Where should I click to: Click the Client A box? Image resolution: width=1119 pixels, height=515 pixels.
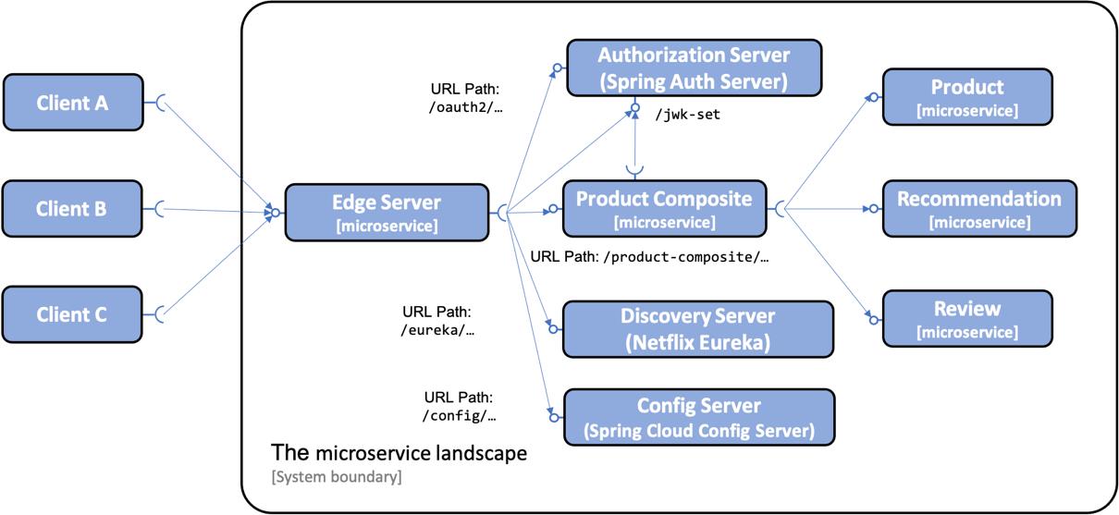pyautogui.click(x=73, y=103)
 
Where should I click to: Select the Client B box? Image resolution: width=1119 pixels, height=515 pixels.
pyautogui.click(x=72, y=209)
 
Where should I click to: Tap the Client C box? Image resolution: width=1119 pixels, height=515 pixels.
pyautogui.click(x=72, y=314)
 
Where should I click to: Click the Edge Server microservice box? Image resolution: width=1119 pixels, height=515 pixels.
pyautogui.click(x=386, y=213)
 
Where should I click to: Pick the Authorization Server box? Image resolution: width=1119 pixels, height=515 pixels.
pyautogui.click(x=694, y=67)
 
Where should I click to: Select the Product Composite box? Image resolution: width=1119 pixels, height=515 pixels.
pyautogui.click(x=664, y=208)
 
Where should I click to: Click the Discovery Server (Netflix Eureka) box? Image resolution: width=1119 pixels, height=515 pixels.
pyautogui.click(x=697, y=328)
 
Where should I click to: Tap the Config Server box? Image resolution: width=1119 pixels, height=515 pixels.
pyautogui.click(x=698, y=417)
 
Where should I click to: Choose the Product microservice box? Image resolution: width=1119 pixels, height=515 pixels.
pyautogui.click(x=966, y=96)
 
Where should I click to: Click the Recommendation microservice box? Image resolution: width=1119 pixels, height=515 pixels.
pyautogui.click(x=979, y=209)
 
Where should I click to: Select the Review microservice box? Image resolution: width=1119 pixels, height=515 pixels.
pyautogui.click(x=966, y=319)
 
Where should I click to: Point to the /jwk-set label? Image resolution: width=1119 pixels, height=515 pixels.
pyautogui.click(x=687, y=116)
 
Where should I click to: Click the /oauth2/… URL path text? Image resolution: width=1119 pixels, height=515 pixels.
pyautogui.click(x=466, y=107)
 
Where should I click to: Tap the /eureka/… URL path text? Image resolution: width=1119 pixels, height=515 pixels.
pyautogui.click(x=437, y=330)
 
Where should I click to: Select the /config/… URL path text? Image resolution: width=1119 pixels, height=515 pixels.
pyautogui.click(x=460, y=416)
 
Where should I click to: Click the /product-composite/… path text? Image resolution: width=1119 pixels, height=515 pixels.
pyautogui.click(x=685, y=257)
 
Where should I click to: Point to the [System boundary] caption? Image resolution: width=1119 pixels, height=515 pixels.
pyautogui.click(x=337, y=477)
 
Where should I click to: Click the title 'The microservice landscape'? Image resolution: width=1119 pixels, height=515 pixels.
pyautogui.click(x=399, y=453)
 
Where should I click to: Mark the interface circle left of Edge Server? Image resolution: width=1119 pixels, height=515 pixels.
pyautogui.click(x=275, y=213)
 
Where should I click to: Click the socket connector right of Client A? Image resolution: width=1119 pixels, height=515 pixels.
pyautogui.click(x=161, y=103)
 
